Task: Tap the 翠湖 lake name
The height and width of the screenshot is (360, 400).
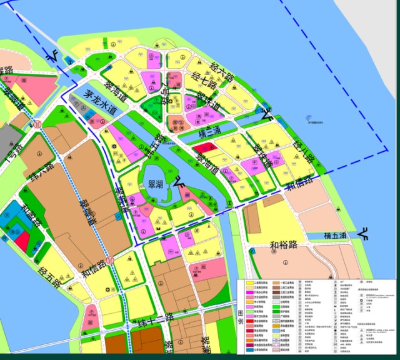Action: pos(152,184)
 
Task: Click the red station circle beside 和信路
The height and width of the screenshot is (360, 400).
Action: pos(109,259)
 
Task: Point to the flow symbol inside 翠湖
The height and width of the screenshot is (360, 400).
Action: pos(179,182)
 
